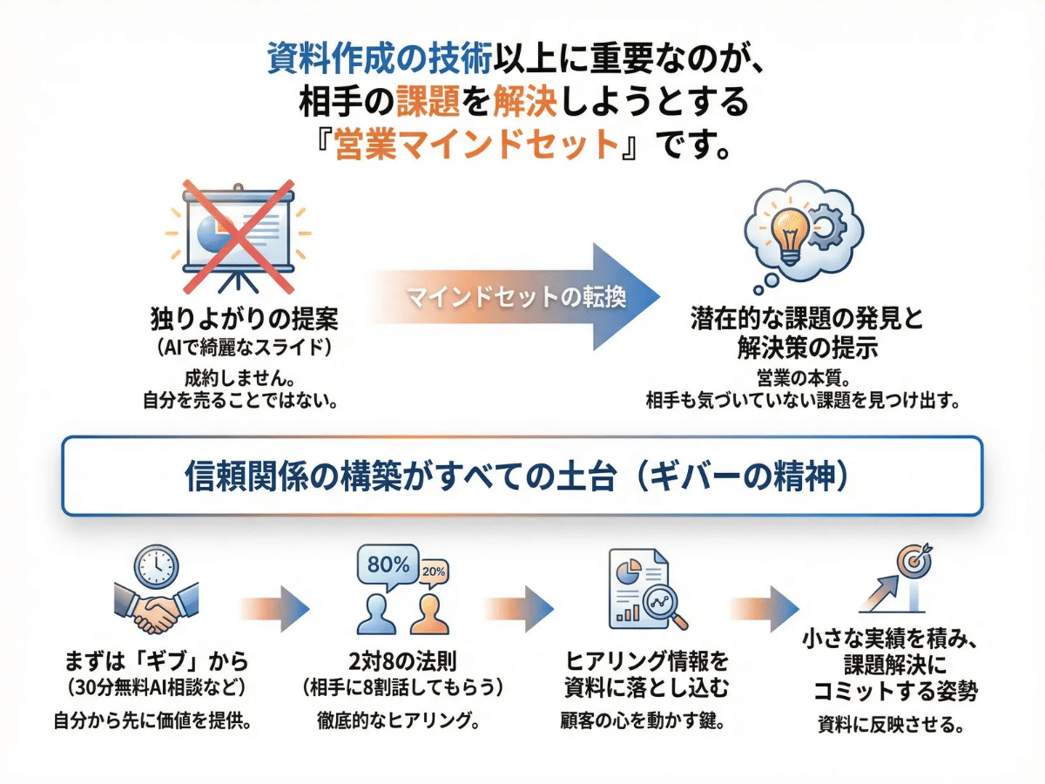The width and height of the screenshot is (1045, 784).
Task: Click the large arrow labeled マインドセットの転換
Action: tap(522, 297)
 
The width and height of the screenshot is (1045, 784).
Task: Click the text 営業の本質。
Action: tap(801, 379)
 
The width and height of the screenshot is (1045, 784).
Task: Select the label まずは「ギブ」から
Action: tap(157, 661)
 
